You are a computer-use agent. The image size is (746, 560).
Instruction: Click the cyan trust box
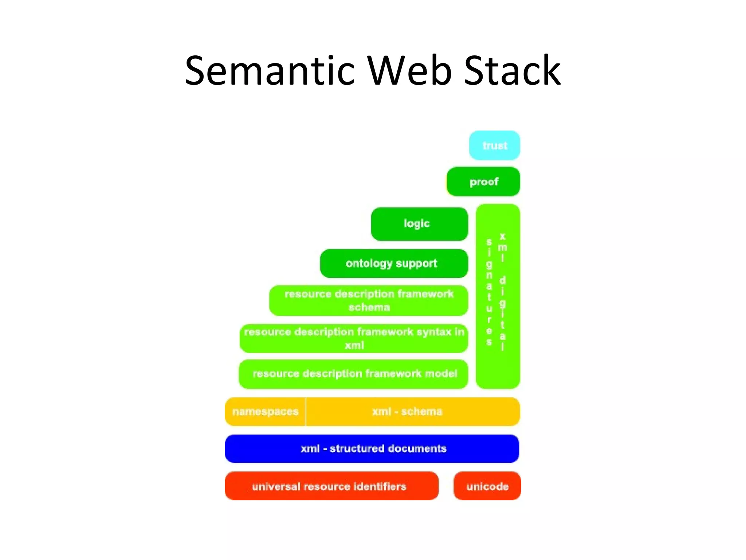coord(494,145)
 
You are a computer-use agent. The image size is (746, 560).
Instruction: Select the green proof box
coord(483,182)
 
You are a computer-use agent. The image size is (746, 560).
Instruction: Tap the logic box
coord(419,224)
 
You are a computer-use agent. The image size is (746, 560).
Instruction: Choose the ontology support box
coord(394,263)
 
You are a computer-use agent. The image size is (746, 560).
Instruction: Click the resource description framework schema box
coord(369,300)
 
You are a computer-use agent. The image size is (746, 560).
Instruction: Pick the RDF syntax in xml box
coord(354,338)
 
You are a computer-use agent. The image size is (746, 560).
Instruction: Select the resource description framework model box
coord(353,374)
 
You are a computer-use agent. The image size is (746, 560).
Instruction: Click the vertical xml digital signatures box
coord(498,296)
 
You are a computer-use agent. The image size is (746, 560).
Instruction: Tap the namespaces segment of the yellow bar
coord(265,412)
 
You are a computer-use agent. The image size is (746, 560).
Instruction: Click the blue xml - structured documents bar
coord(372,448)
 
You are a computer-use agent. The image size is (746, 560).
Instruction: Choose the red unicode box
coord(487,486)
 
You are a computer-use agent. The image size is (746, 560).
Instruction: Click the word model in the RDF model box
coord(441,374)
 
